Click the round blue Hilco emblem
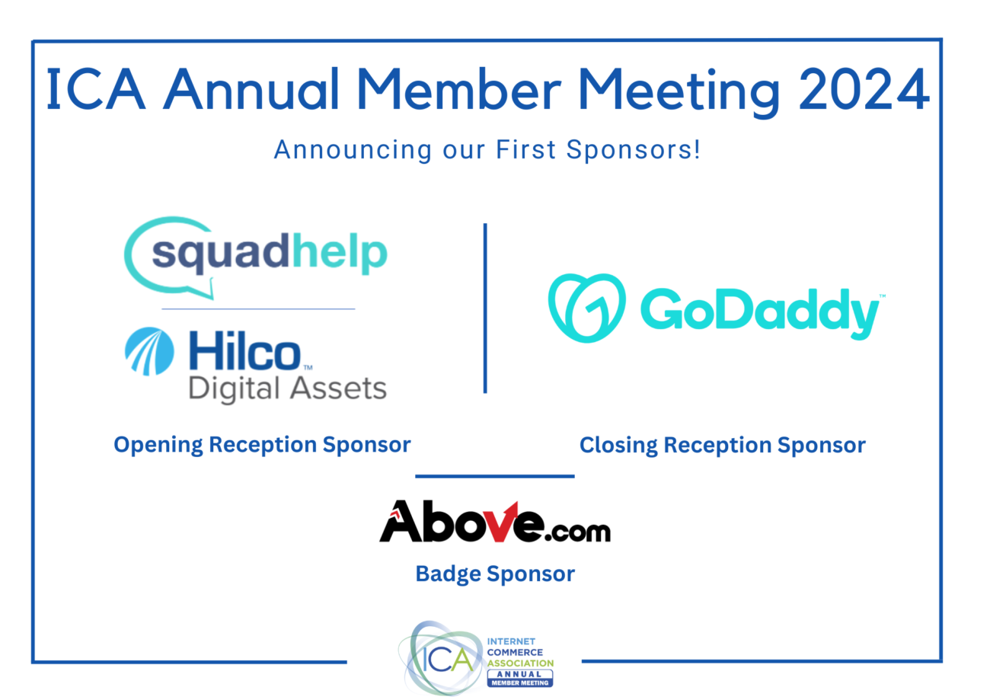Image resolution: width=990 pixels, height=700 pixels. pos(149,351)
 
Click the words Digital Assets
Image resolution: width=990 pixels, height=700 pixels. pos(287,388)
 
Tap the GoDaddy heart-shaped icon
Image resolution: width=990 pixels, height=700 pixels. pos(586,308)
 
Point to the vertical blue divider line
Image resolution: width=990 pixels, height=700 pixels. pos(485,308)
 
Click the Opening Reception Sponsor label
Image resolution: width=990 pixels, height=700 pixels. pos(262,445)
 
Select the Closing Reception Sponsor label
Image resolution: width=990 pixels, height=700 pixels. pos(722,445)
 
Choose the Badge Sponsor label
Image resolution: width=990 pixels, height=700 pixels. pos(495,574)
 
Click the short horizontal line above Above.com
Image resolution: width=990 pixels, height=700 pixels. pos(495,477)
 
